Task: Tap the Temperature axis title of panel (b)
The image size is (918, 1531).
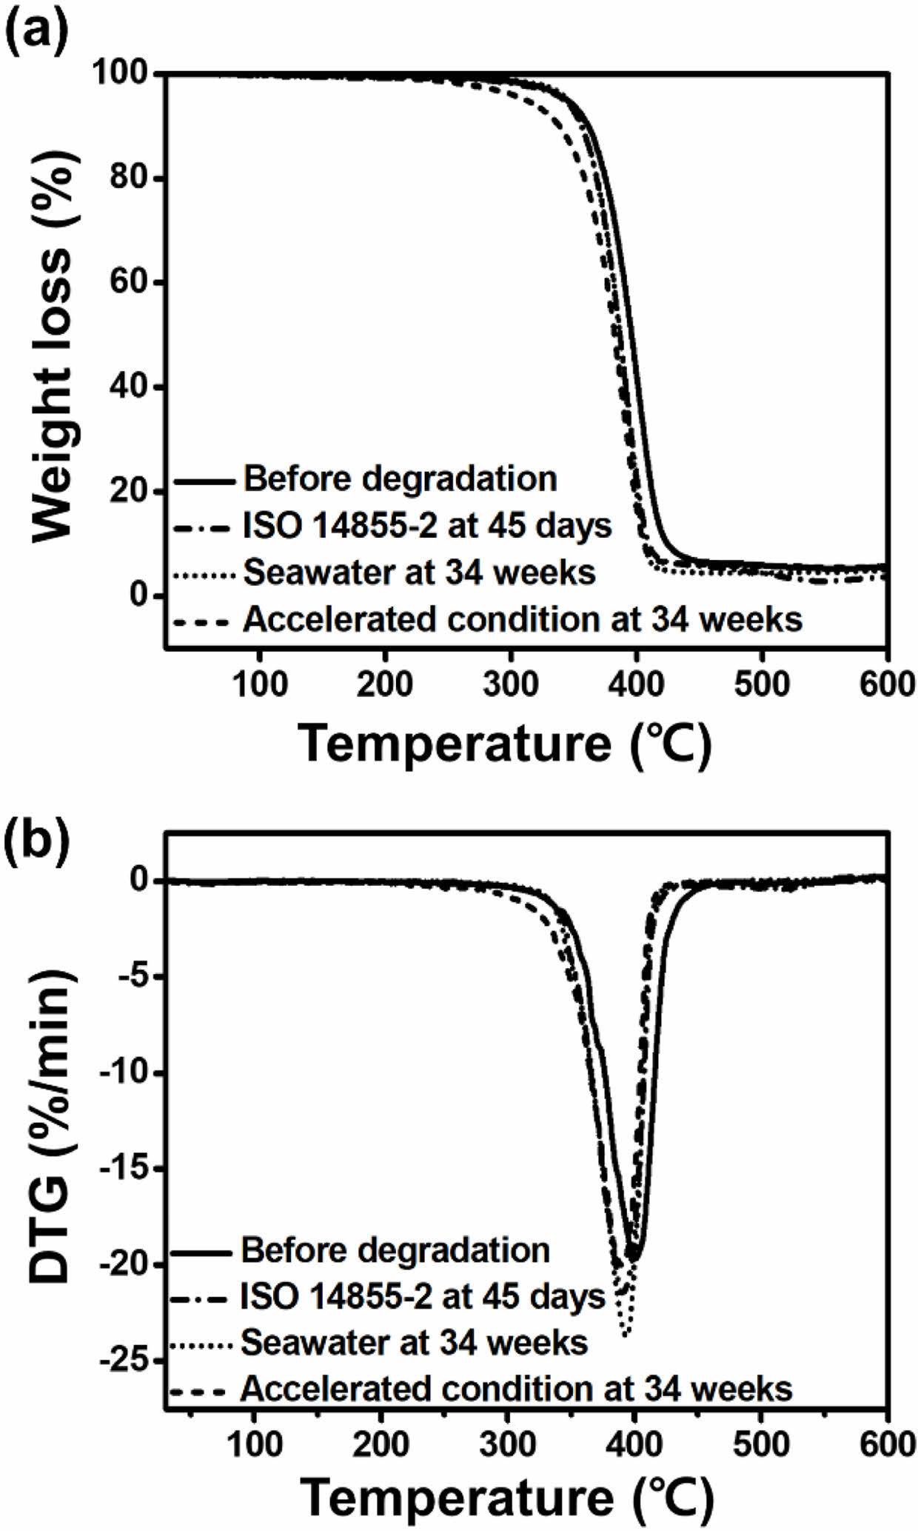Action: pyautogui.click(x=508, y=1498)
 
